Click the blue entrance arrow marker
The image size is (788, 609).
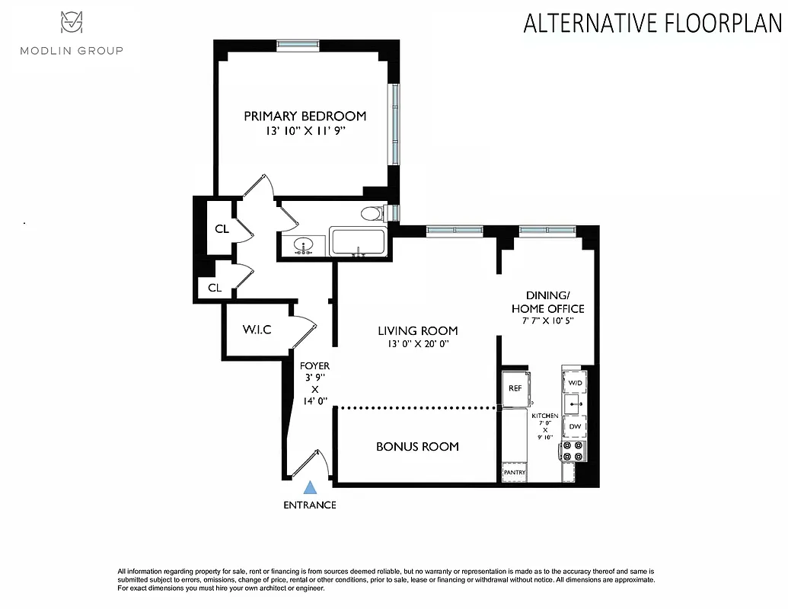[x=310, y=488]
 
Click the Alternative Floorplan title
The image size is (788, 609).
[x=652, y=24]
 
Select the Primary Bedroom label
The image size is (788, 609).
[x=305, y=116]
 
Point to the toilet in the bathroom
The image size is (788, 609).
[x=372, y=213]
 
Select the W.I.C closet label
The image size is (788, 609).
[x=257, y=330]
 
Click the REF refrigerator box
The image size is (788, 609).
[x=515, y=387]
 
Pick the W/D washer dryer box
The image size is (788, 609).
[x=575, y=381]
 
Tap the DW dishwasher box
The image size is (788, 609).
[x=575, y=427]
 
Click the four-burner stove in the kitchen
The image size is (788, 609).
[x=574, y=451]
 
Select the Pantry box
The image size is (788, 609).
[x=515, y=473]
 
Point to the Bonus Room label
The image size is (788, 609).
[x=417, y=446]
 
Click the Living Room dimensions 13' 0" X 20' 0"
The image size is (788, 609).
[x=418, y=344]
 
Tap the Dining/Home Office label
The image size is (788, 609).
[x=547, y=301]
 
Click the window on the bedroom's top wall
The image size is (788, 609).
[x=298, y=45]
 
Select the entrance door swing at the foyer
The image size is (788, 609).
[x=314, y=464]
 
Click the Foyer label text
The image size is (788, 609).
[x=314, y=366]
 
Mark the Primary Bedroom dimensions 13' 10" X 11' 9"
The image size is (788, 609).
[x=305, y=131]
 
